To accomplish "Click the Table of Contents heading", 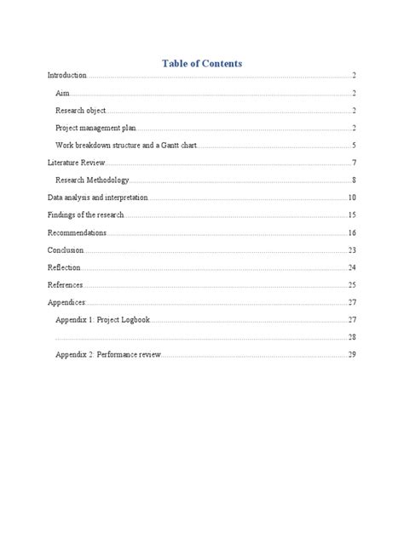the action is (x=202, y=63).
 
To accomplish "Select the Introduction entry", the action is (x=67, y=77).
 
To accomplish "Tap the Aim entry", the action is (x=62, y=94).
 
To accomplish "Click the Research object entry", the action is (x=81, y=111).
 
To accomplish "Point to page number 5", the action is (x=353, y=146).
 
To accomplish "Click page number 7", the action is (x=353, y=163).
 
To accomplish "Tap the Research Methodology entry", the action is (x=92, y=180).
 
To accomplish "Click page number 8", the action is (x=353, y=180).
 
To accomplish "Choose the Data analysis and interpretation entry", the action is (x=97, y=197).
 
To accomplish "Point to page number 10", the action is (x=351, y=197).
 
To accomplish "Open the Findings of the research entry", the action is (x=86, y=215).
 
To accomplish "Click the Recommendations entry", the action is (x=77, y=232).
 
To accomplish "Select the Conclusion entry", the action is (x=66, y=250).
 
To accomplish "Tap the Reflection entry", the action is (x=65, y=267).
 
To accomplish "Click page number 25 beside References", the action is (x=351, y=284).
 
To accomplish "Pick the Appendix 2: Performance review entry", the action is (x=108, y=354).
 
